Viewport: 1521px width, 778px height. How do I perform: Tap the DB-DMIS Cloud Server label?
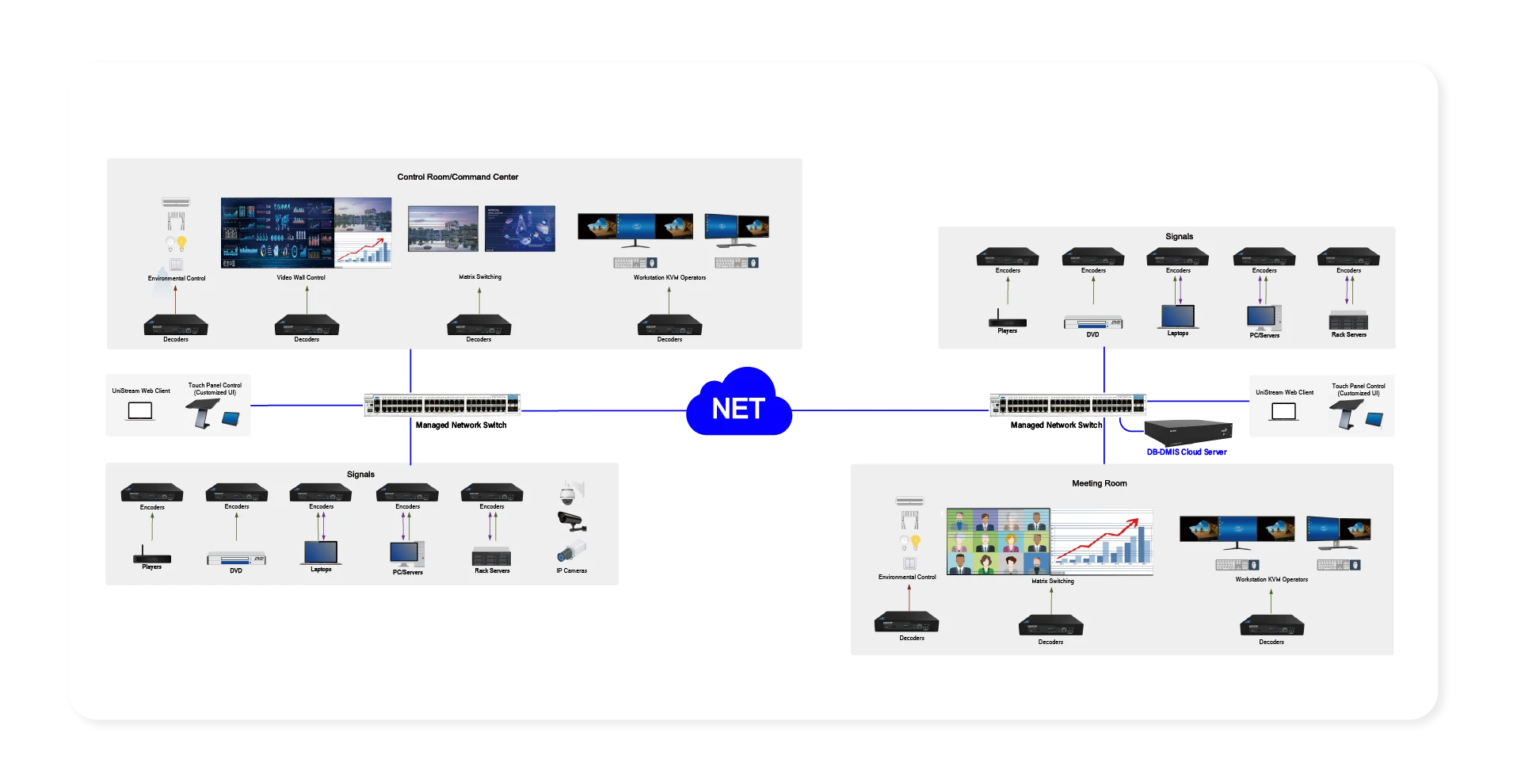click(1186, 452)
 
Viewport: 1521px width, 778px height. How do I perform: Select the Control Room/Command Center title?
click(457, 177)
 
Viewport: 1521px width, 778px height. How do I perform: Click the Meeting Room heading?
click(1099, 483)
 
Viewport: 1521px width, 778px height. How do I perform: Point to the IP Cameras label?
click(571, 570)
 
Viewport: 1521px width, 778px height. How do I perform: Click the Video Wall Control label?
click(301, 278)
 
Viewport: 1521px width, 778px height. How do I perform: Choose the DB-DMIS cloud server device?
click(1187, 432)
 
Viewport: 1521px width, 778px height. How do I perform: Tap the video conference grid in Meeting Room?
click(998, 542)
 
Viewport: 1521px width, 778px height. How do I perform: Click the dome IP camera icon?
click(568, 494)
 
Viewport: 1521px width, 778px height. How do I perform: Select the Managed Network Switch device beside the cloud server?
click(1067, 405)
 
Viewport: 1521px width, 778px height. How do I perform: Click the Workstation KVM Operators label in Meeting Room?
click(1271, 580)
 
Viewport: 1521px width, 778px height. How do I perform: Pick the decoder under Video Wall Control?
click(307, 325)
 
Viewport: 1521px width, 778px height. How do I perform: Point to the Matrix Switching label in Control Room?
click(480, 277)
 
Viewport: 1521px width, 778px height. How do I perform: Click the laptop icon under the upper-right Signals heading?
click(1177, 316)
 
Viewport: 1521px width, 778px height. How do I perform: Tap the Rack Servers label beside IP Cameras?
click(492, 571)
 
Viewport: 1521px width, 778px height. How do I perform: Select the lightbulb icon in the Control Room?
click(182, 243)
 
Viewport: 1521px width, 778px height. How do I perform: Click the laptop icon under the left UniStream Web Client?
click(140, 411)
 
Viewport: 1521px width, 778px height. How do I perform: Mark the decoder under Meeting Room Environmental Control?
click(906, 623)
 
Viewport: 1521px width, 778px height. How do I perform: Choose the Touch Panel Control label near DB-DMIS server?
click(1358, 390)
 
